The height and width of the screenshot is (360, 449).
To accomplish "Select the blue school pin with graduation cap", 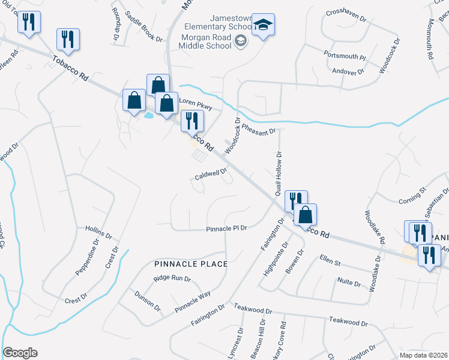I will click(x=263, y=25).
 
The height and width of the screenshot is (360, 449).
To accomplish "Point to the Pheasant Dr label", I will click(x=258, y=128).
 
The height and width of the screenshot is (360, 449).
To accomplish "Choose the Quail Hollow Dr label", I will click(x=279, y=173).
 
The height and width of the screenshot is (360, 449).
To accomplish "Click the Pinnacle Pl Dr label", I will click(x=227, y=229).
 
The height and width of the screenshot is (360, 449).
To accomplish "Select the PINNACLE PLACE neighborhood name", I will click(x=190, y=264).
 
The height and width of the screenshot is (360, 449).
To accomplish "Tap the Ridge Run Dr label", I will click(x=172, y=278).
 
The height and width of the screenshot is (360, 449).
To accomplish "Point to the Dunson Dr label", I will click(x=148, y=301).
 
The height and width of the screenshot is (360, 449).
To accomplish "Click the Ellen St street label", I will click(x=330, y=262).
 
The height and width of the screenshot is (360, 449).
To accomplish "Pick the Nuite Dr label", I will click(x=349, y=282).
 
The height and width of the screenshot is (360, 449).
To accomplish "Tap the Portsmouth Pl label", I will click(x=345, y=56).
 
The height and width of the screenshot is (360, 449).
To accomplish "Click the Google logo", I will click(x=20, y=353).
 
